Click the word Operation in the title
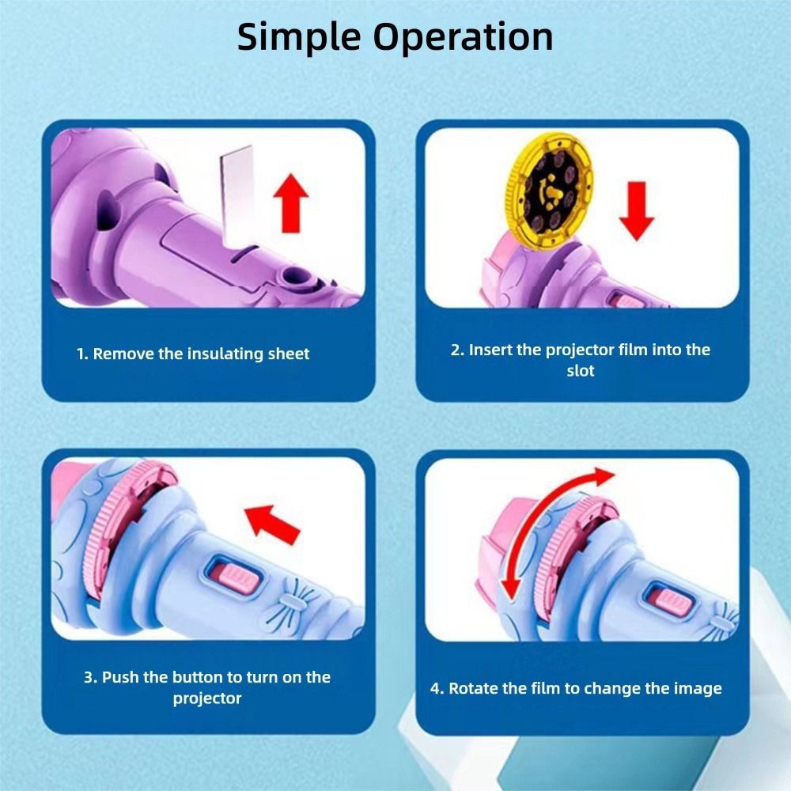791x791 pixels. click(x=463, y=36)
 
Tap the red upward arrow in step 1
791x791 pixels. click(x=291, y=203)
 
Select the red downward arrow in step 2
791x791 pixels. click(x=637, y=211)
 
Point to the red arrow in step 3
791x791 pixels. click(x=272, y=524)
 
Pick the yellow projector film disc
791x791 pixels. click(x=550, y=191)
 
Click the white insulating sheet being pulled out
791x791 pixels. click(x=237, y=197)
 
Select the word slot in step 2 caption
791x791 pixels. click(x=580, y=371)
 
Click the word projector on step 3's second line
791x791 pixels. click(x=207, y=698)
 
